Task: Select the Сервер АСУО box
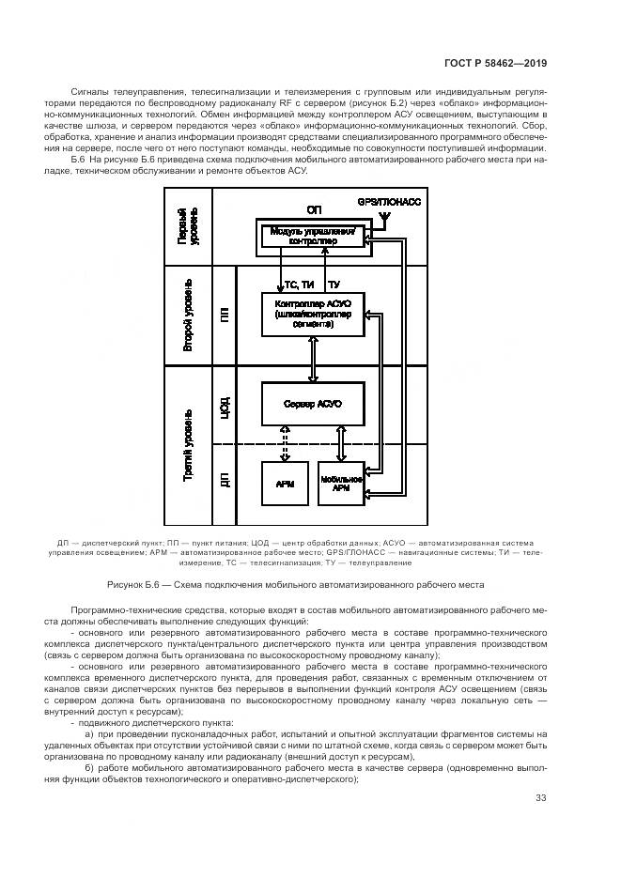[x=312, y=403]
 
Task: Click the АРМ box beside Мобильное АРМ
[x=285, y=484]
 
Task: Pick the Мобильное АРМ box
[x=341, y=484]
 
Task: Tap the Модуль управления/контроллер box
[x=312, y=236]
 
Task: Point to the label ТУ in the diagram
[x=334, y=284]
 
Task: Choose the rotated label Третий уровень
[x=189, y=446]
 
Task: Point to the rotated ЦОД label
[x=225, y=406]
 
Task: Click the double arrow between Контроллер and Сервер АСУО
[x=312, y=359]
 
